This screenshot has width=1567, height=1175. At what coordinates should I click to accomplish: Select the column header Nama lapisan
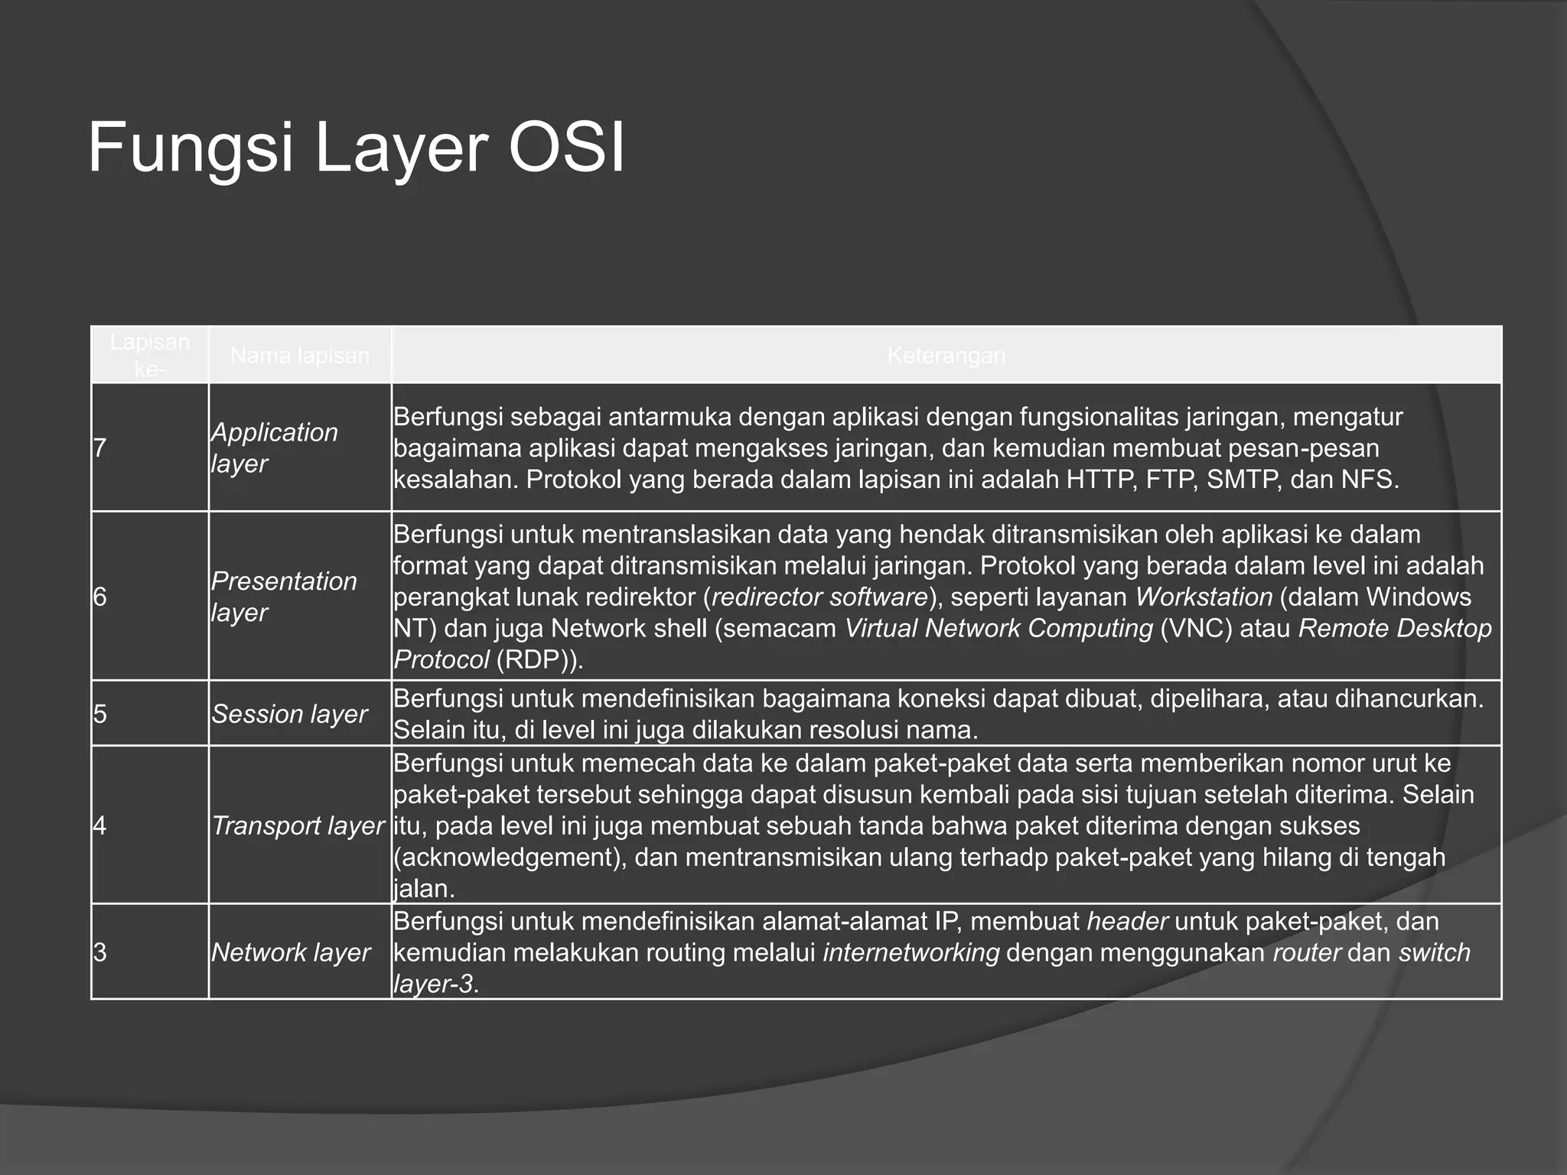(x=299, y=356)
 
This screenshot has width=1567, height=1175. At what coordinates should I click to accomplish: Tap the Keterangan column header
(x=946, y=356)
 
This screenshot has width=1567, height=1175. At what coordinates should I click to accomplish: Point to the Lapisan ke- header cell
(x=149, y=355)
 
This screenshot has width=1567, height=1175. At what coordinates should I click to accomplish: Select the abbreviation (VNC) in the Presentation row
(x=1196, y=628)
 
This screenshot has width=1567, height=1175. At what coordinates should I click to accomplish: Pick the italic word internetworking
(x=911, y=953)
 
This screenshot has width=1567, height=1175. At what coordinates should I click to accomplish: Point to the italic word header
(x=1127, y=921)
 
